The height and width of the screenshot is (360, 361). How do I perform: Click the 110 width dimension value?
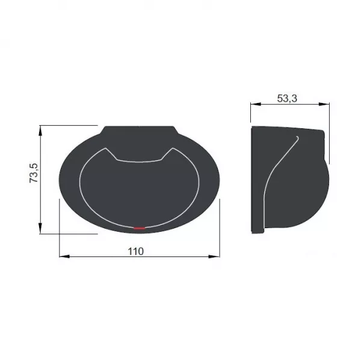[135, 251]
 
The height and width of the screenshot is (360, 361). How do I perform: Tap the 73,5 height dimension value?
[34, 173]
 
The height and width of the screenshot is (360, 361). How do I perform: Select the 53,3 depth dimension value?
[287, 98]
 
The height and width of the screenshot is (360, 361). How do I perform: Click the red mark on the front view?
[140, 228]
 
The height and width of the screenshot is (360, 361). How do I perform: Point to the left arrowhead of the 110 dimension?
[64, 256]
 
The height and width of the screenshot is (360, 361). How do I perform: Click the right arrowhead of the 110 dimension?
[214, 256]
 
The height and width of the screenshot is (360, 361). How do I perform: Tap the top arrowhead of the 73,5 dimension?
[40, 131]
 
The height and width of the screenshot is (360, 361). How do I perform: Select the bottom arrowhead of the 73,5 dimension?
[40, 229]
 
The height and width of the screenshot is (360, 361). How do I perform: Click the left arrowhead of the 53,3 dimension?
[256, 104]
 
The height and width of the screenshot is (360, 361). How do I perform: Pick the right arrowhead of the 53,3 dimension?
[324, 104]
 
